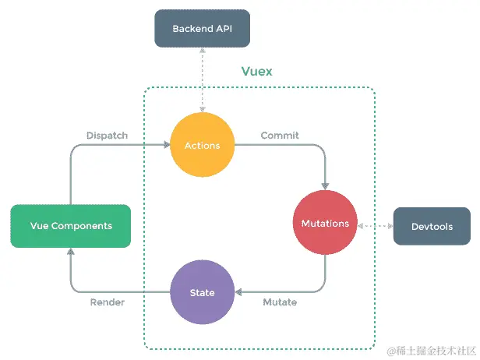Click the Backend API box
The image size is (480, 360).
(201, 28)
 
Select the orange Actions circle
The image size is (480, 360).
(202, 145)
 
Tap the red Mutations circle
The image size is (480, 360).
(325, 224)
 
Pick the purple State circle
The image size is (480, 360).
(202, 293)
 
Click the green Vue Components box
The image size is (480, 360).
(70, 226)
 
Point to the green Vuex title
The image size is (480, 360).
(257, 71)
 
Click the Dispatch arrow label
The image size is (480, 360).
(107, 136)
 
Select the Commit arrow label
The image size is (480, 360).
(279, 136)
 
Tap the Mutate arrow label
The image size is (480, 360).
(279, 302)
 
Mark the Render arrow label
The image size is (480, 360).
(107, 302)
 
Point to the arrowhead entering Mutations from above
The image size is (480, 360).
(325, 185)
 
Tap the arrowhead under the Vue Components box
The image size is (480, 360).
(70, 252)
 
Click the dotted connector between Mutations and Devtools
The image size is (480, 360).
(376, 226)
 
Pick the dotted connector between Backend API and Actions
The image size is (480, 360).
(202, 78)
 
